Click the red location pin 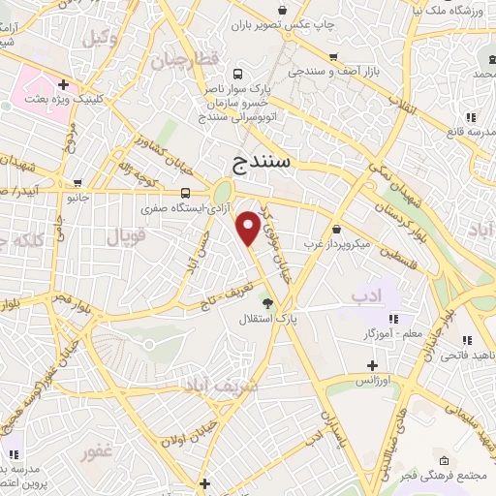tap(249, 227)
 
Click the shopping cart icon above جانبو tap(77, 183)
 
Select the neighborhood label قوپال tap(118, 234)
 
